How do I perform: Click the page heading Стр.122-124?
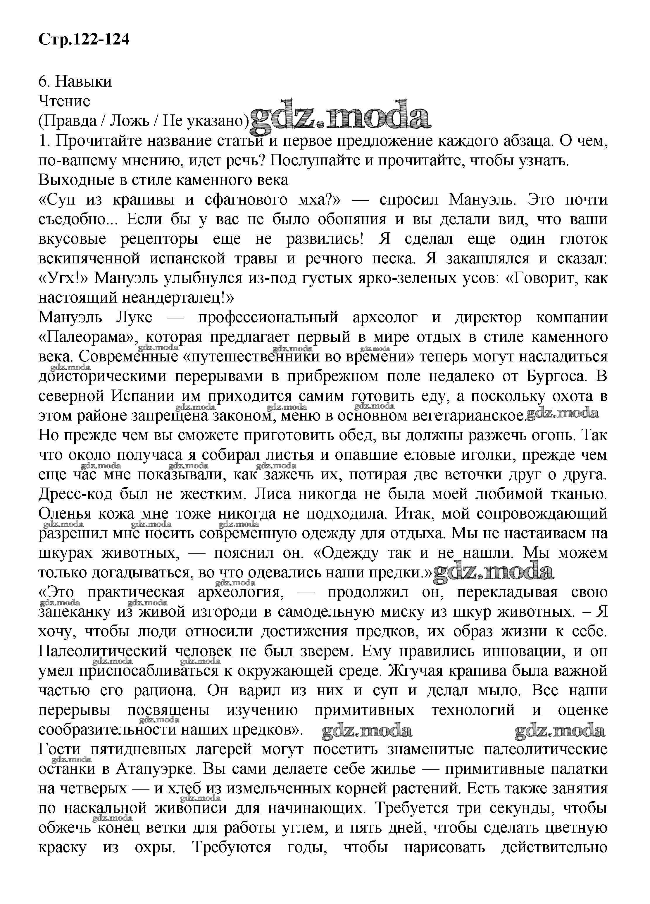tap(84, 40)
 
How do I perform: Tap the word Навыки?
tap(84, 81)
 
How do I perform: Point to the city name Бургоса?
tap(556, 376)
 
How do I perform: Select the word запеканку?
tap(74, 612)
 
